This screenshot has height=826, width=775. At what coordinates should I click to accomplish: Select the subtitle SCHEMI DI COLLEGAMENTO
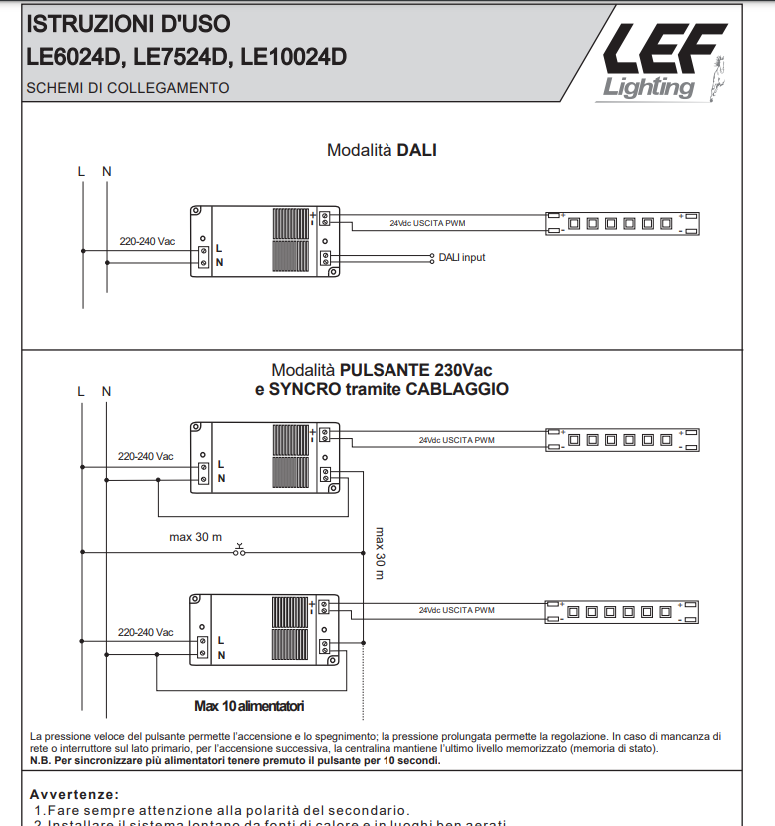pos(127,88)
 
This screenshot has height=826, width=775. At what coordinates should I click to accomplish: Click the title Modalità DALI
pos(382,150)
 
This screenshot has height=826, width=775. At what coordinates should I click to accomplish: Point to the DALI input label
pos(462,257)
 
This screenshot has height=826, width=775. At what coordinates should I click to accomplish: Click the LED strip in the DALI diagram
pos(621,223)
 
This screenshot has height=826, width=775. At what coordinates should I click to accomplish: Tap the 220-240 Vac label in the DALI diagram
pos(147,241)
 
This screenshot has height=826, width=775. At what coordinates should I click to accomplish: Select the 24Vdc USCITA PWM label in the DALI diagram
pos(427,223)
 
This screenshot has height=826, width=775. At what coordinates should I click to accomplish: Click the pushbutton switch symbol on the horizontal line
pos(239,549)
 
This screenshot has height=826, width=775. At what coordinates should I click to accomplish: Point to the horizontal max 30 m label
pos(195,537)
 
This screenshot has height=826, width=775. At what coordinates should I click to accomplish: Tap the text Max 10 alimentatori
pos(249,705)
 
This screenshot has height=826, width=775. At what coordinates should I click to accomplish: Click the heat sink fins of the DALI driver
pos(293,241)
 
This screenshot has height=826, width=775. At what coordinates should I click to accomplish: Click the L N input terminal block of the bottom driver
pos(203,645)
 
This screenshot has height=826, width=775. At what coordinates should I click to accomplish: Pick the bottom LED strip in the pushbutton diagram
pos(621,610)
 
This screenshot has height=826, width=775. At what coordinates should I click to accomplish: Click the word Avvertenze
pos(75,794)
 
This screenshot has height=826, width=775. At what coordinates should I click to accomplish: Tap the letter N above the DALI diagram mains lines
pos(107,171)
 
